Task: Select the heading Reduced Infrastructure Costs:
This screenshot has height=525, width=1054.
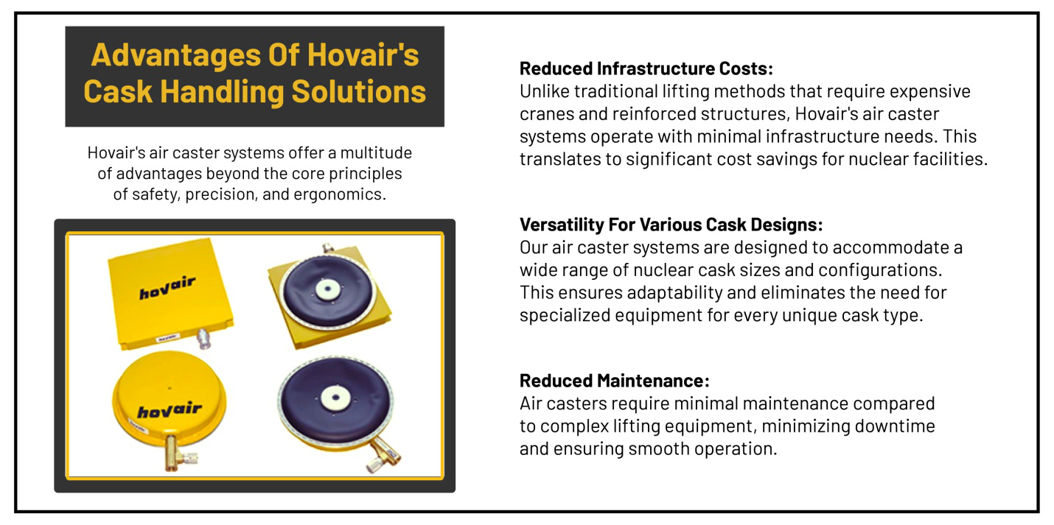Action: [x=646, y=68]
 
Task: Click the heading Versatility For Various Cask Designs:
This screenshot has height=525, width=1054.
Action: [x=671, y=224]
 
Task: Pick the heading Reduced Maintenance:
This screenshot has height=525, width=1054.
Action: [x=614, y=381]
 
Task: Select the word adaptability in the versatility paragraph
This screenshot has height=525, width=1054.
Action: [x=676, y=292]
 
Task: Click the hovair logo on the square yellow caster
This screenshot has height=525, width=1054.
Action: [x=167, y=289]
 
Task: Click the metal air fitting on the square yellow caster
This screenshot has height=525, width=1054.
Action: [x=203, y=339]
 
